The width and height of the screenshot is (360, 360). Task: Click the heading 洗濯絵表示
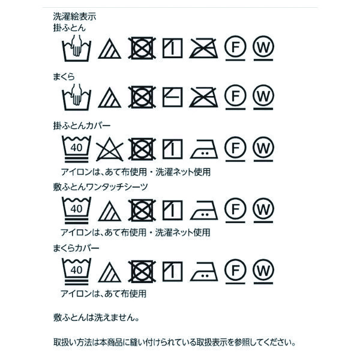pos(74,17)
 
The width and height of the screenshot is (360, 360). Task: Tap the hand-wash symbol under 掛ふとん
pos(76,48)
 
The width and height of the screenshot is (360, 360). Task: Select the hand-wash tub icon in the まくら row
pos(76,97)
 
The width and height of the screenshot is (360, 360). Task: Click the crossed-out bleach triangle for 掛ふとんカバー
pos(110,149)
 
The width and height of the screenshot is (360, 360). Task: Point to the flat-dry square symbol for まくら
pos(172,97)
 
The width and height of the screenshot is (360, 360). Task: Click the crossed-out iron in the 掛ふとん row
pos(203,48)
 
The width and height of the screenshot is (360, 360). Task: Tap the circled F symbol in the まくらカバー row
pos(235,271)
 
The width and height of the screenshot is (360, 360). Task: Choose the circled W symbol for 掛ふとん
pos(263,48)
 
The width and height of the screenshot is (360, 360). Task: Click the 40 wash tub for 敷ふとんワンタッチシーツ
pos(76,210)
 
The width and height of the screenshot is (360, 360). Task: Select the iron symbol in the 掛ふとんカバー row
pos(204,149)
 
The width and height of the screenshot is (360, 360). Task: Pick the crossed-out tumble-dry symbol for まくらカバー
pos(142,271)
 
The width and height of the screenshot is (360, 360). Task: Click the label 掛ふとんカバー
pos(82,125)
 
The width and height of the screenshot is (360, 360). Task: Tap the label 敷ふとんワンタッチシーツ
pos(100,187)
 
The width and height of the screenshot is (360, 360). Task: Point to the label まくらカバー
pos(76,248)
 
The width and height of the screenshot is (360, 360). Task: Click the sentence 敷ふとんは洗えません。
pos(97,318)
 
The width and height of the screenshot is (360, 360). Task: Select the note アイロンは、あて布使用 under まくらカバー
pos(103,293)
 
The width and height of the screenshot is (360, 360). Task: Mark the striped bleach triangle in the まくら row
pos(110,98)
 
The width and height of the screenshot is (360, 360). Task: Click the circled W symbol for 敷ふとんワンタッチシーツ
pos(263,210)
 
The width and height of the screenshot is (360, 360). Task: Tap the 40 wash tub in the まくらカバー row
pos(76,271)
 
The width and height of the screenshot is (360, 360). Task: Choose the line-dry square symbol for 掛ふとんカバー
pos(172,149)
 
